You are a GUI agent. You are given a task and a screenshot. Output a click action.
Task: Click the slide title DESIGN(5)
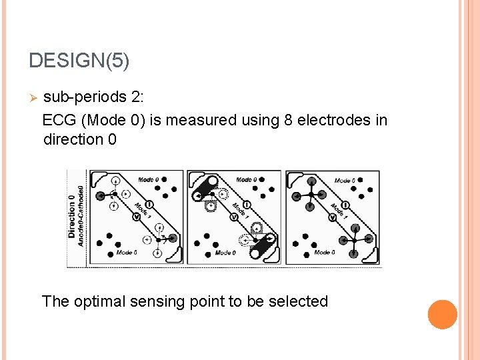coord(79,61)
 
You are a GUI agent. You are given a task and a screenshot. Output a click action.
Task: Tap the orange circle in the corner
coord(442,315)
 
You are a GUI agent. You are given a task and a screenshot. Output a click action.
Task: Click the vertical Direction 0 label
coord(72,217)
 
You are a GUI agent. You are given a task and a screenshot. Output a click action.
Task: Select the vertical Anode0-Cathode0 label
coord(81,217)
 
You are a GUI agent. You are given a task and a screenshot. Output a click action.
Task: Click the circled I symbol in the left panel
coord(149,203)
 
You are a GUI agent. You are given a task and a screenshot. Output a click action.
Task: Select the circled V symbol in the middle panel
coord(235,217)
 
